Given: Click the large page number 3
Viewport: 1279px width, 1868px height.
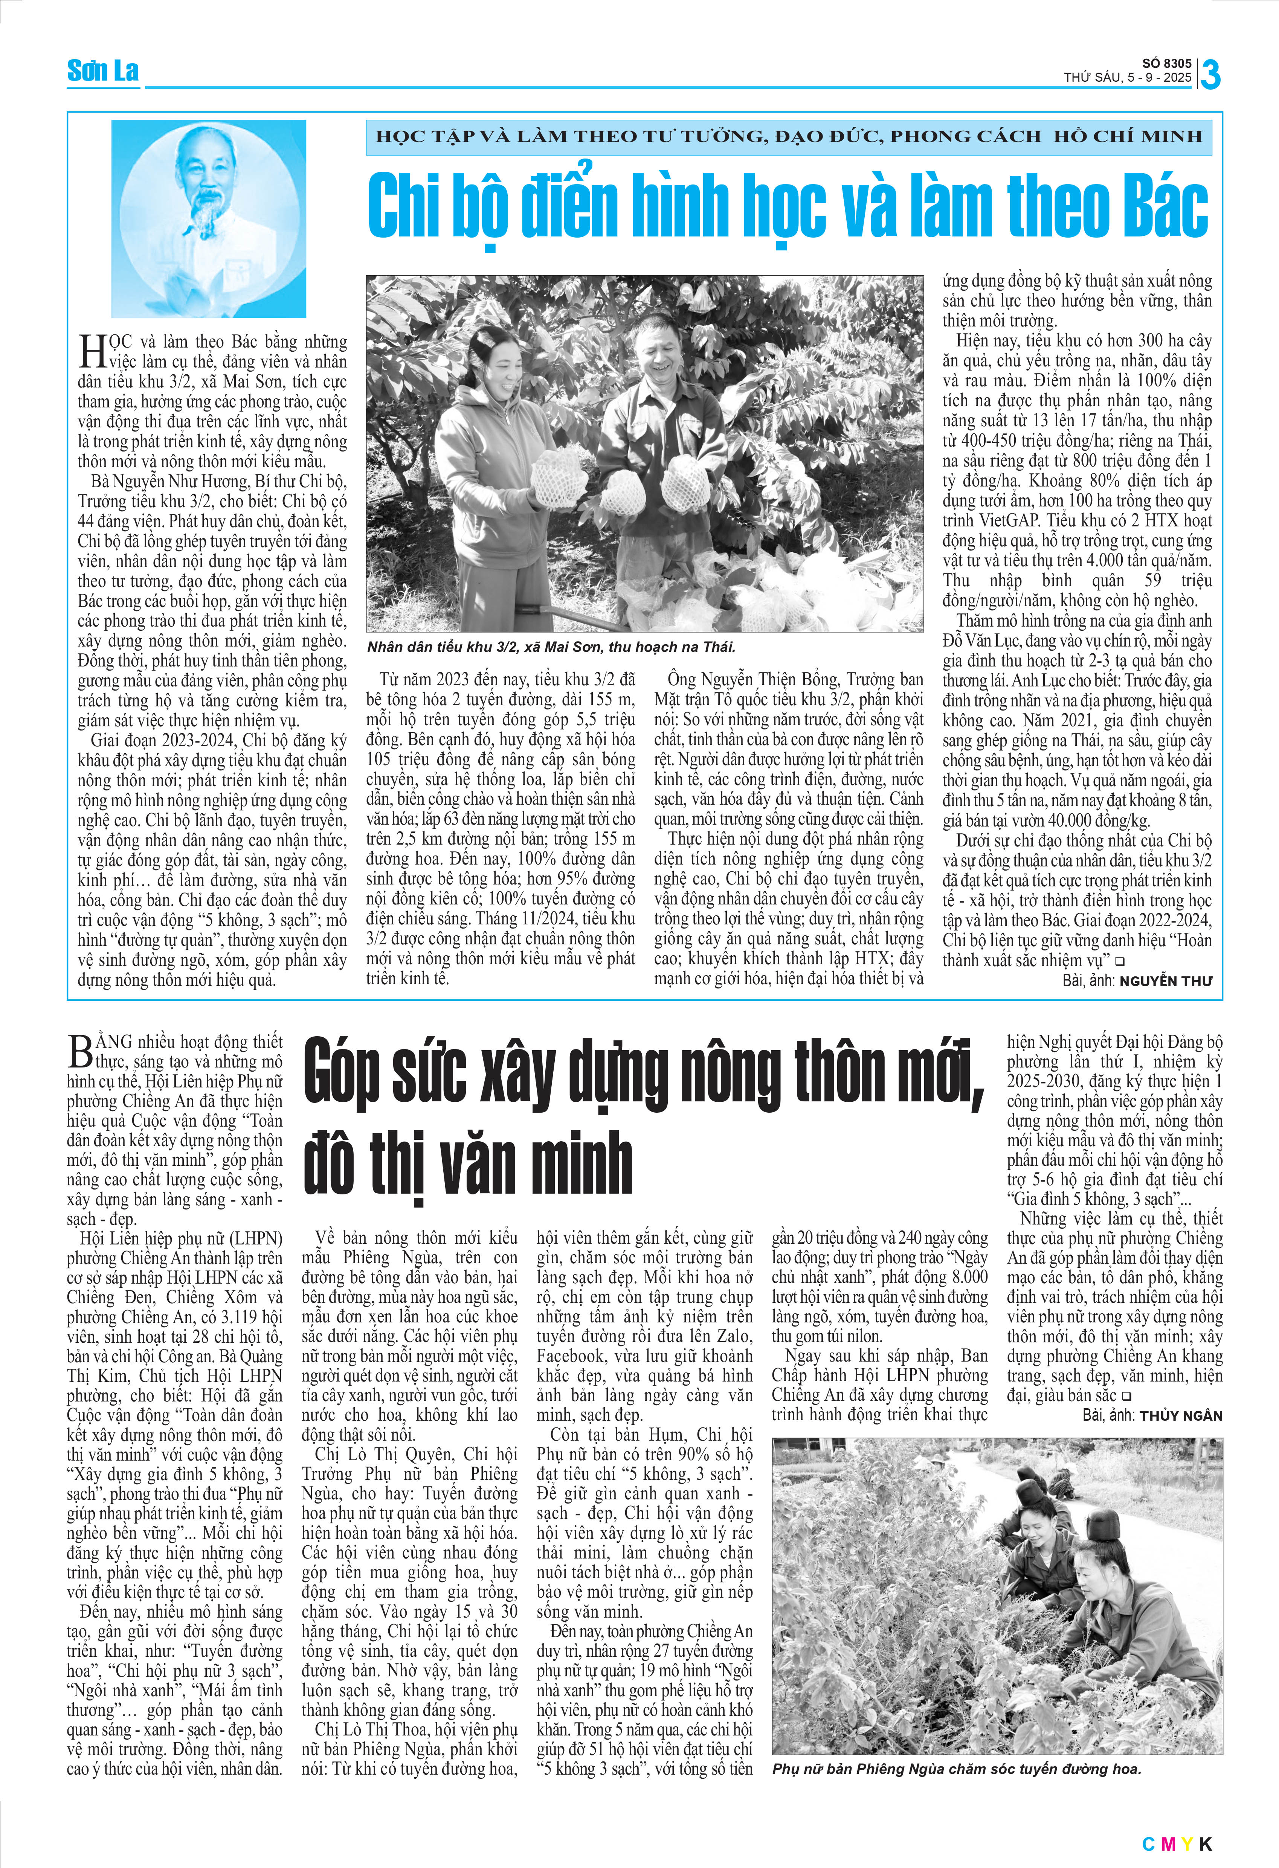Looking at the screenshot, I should click(1210, 76).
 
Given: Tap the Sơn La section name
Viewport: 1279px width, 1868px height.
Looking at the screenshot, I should click(103, 72).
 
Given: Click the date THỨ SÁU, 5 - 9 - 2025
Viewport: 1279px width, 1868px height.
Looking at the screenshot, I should click(1127, 78).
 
